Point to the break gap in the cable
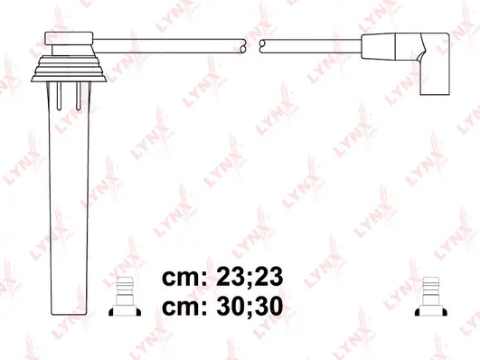[254, 43]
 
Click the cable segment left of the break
[172, 43]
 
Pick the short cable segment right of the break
[307, 43]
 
